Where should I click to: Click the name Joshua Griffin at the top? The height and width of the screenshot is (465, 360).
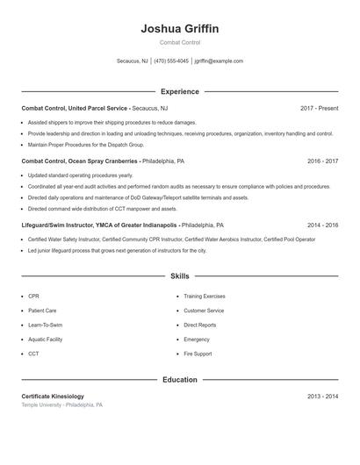click(179, 29)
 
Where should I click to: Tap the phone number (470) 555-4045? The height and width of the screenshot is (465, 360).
click(172, 61)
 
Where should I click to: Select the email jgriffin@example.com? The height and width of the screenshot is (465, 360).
click(219, 61)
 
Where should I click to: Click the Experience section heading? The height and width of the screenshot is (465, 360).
click(179, 91)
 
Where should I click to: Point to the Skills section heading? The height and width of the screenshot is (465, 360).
click(179, 276)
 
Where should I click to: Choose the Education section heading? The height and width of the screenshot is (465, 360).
click(179, 380)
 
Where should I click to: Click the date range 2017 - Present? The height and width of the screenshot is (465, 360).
click(319, 108)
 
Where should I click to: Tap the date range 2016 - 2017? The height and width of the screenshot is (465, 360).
click(322, 161)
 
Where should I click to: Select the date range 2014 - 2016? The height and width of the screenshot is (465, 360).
click(322, 225)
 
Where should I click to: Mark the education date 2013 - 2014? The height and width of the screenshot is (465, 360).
click(322, 397)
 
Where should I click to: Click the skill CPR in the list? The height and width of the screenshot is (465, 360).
click(33, 297)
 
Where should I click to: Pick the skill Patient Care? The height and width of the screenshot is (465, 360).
click(42, 311)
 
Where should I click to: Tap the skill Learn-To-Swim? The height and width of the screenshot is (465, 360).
click(46, 325)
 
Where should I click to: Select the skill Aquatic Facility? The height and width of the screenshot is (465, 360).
click(45, 339)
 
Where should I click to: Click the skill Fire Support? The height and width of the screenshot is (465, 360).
click(198, 354)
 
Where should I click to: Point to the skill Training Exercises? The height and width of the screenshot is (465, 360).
click(205, 297)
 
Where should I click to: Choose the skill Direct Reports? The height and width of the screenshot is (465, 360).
click(200, 325)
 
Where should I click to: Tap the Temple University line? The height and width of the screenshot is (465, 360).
click(61, 405)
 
